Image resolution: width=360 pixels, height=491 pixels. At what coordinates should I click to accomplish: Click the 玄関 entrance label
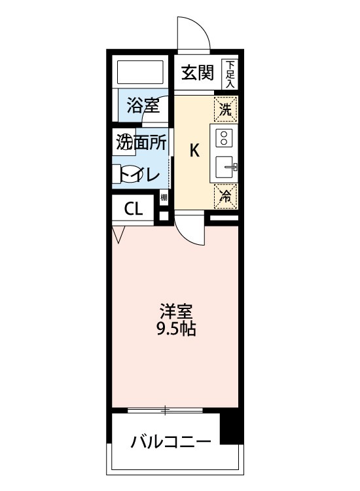tap(198, 73)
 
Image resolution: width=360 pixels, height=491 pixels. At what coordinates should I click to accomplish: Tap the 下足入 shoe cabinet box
tap(230, 73)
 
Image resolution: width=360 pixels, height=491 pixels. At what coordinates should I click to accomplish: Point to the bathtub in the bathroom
tap(140, 73)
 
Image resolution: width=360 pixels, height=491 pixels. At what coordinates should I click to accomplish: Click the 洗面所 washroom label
tap(141, 142)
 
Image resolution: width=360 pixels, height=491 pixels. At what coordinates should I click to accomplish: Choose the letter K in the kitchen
tap(194, 151)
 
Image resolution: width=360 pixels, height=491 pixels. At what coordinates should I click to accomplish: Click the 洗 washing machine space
tap(225, 109)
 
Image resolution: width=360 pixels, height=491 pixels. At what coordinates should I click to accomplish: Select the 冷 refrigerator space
tap(225, 194)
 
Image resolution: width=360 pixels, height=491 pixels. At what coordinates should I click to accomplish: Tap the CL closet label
tap(134, 209)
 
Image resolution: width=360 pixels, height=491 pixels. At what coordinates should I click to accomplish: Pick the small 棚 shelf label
tap(164, 197)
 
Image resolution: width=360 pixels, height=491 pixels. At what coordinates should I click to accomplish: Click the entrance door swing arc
tap(194, 33)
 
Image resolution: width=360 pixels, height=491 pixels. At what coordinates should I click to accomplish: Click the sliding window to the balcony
tap(165, 410)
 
